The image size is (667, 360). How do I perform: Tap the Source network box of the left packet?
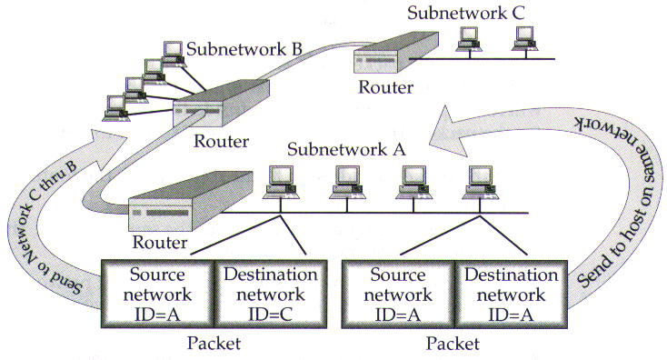156,294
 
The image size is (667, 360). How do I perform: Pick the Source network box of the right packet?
398,294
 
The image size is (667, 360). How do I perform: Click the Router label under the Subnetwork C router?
385,88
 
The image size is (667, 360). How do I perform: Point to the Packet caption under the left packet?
213,344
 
